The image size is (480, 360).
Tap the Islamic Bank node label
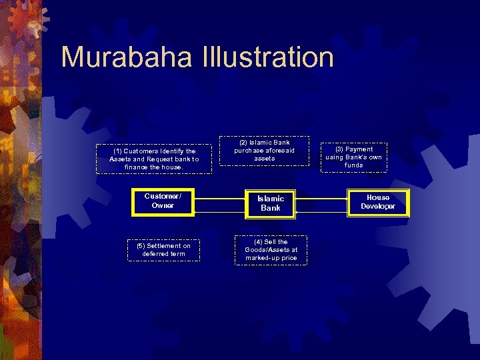[x=271, y=203]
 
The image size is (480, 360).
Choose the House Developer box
[x=378, y=202]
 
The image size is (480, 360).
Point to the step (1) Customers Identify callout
[x=154, y=159]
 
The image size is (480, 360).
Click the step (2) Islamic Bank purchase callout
[x=265, y=151]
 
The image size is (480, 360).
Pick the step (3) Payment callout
[x=354, y=157]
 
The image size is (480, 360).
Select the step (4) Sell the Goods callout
[x=271, y=250]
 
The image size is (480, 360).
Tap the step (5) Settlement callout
[x=163, y=250]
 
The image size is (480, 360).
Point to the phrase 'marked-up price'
[x=271, y=258]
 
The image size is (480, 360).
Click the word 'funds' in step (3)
[x=354, y=165]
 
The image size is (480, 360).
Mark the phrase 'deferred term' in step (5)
[x=163, y=254]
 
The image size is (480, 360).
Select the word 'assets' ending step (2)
[x=265, y=159]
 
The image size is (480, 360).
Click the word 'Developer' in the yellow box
[x=378, y=207]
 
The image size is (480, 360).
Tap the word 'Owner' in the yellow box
[x=163, y=206]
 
